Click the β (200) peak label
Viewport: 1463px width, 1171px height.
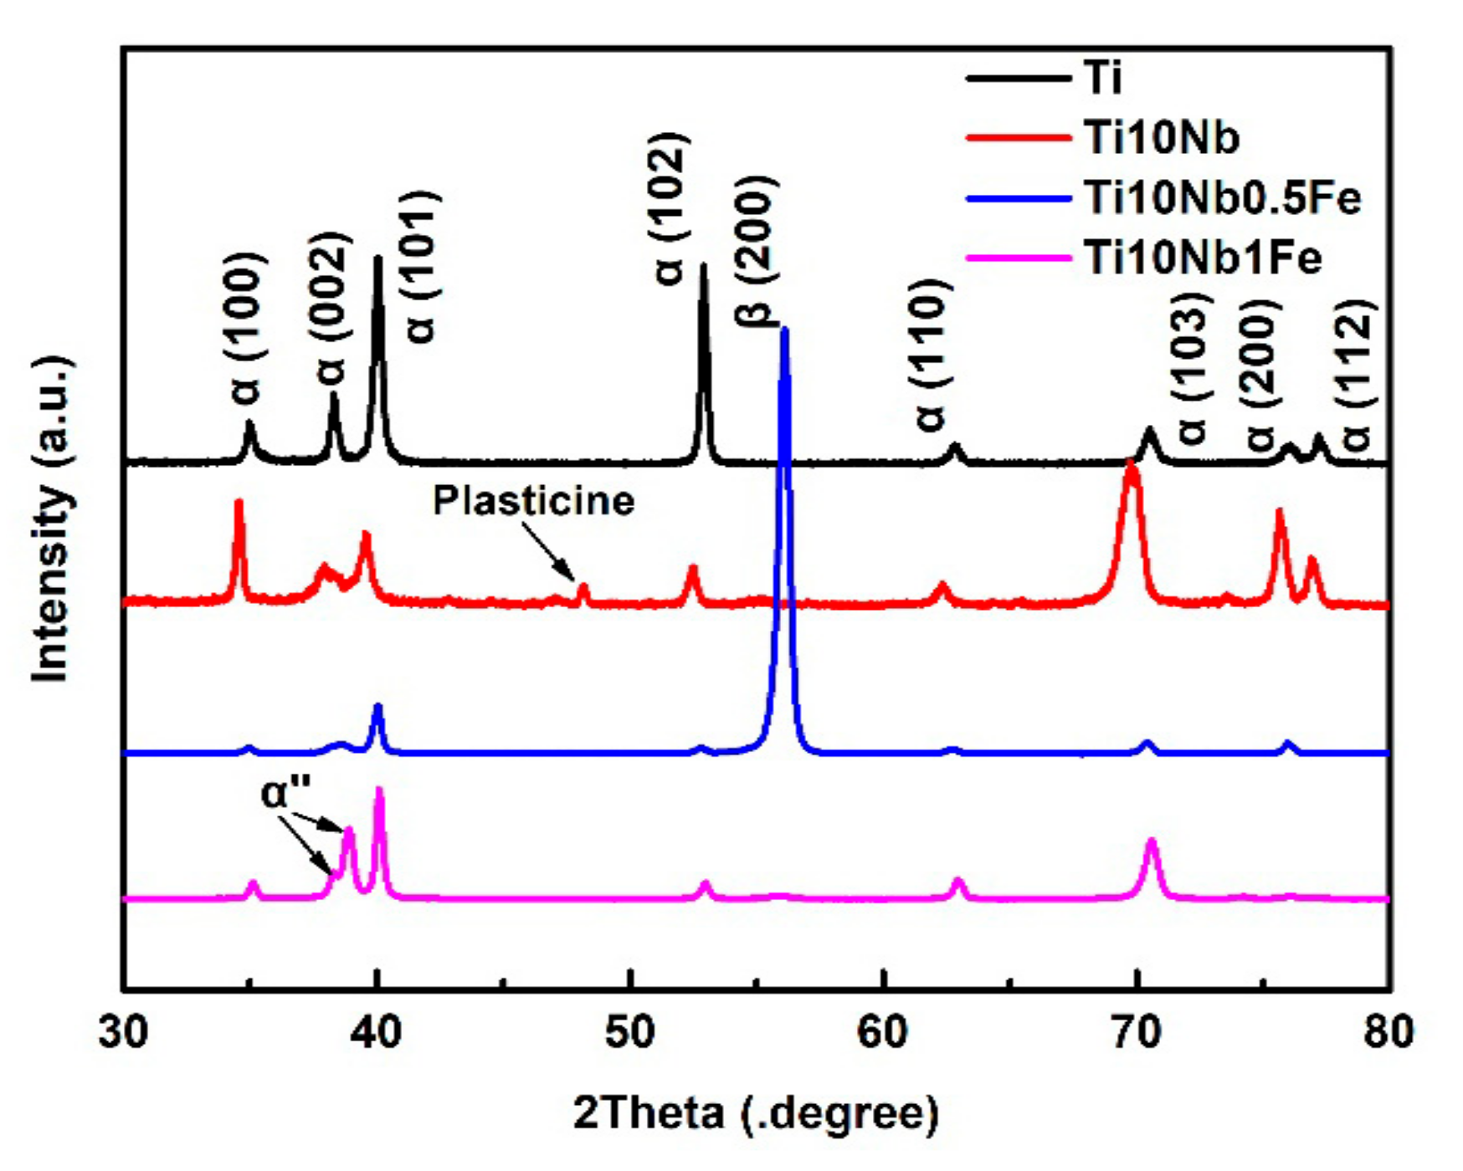(x=757, y=251)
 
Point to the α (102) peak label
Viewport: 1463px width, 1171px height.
(x=670, y=209)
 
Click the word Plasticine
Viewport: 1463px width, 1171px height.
(x=534, y=501)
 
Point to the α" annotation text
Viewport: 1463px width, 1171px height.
(x=286, y=793)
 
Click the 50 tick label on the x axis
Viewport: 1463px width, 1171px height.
(x=629, y=1033)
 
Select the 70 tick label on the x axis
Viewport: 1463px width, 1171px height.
(x=1137, y=1033)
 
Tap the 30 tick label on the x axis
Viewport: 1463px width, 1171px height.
(x=124, y=1033)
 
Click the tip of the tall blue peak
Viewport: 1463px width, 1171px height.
(x=784, y=330)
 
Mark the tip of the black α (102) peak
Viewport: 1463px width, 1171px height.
(x=703, y=266)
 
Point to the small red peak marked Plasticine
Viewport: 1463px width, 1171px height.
(x=583, y=588)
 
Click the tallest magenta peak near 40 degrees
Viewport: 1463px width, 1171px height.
(x=379, y=789)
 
